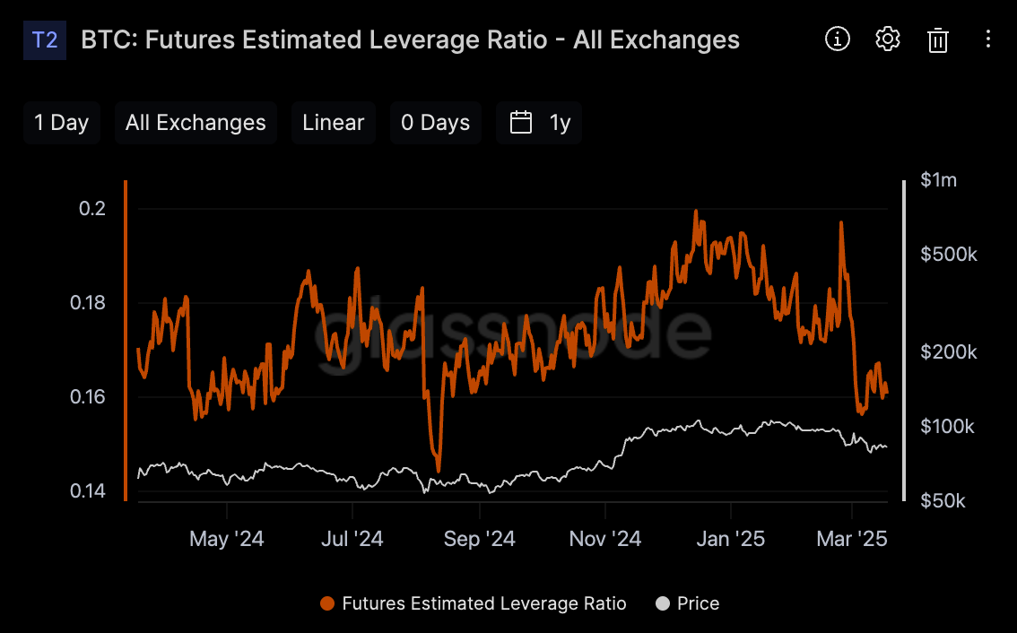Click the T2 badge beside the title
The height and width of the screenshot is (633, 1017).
[x=45, y=40]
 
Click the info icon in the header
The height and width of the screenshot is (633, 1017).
[x=838, y=39]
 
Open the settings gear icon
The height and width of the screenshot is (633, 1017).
[x=887, y=39]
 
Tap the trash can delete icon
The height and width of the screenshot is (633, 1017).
[x=938, y=40]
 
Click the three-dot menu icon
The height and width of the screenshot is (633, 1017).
[x=987, y=39]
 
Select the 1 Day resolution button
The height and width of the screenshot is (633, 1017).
[x=62, y=123]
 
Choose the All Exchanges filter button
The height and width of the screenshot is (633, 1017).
[x=196, y=123]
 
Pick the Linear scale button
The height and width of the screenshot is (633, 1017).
[x=334, y=123]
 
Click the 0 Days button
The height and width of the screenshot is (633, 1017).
[x=435, y=123]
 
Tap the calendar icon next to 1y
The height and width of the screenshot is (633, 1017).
[x=521, y=123]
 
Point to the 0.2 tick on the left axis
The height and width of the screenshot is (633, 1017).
[x=92, y=208]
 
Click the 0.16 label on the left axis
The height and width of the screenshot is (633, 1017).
[x=88, y=396]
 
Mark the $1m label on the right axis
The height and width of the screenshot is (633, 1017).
[x=938, y=179]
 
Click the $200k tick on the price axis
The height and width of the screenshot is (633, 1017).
[x=948, y=351]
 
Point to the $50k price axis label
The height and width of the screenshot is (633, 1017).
[x=943, y=500]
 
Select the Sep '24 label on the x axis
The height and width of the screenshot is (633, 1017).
[x=479, y=539]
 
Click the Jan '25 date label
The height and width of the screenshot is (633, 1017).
[x=730, y=539]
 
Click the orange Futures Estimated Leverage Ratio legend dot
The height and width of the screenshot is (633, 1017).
[x=327, y=603]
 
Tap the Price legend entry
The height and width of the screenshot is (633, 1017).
[x=688, y=603]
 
